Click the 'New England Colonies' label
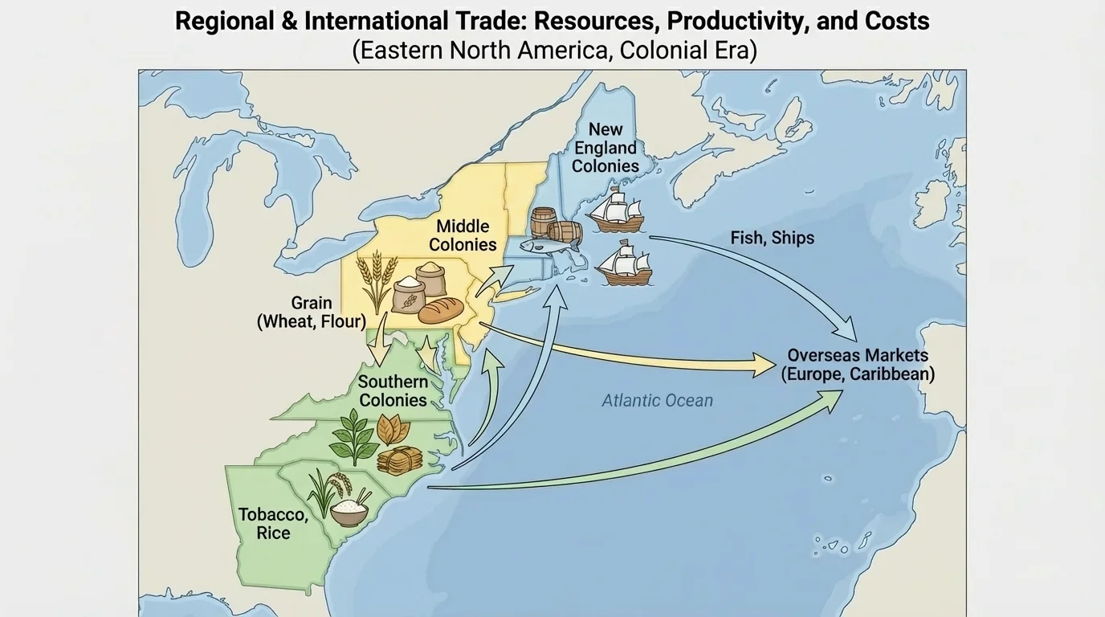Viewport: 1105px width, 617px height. pyautogui.click(x=606, y=148)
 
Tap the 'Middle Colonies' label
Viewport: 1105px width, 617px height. pyautogui.click(x=463, y=235)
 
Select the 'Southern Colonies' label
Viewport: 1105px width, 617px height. pyautogui.click(x=393, y=390)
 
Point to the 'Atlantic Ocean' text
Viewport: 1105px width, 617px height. pyautogui.click(x=657, y=400)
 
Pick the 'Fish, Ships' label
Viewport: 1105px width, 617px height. pyautogui.click(x=772, y=238)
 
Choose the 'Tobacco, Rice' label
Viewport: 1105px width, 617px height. pyautogui.click(x=273, y=523)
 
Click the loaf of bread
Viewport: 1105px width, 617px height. pyautogui.click(x=441, y=310)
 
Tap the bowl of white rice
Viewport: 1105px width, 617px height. pyautogui.click(x=350, y=510)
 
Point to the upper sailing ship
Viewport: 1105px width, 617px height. pyautogui.click(x=615, y=211)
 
